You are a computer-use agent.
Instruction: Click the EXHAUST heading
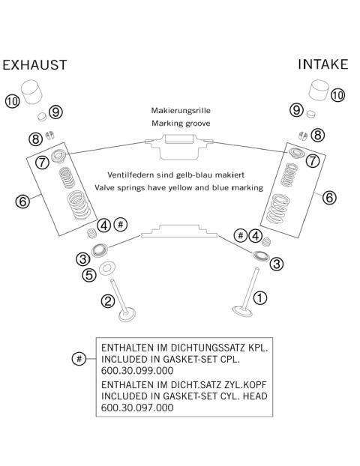point(34,65)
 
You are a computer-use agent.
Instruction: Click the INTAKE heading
point(323,64)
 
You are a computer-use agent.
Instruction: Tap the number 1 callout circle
point(260,297)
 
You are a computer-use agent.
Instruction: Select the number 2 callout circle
point(108,301)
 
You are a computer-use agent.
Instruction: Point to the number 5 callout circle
point(89,275)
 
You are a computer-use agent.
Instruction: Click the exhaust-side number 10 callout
point(12,101)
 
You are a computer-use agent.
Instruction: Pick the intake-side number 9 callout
point(297,110)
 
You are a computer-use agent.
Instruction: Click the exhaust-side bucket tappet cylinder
point(32,92)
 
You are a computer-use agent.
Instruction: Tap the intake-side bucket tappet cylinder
point(319,91)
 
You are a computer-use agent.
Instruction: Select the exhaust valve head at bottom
point(127,315)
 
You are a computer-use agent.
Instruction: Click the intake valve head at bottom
point(242,311)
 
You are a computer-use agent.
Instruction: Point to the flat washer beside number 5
point(106,268)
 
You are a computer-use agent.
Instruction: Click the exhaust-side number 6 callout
point(22,202)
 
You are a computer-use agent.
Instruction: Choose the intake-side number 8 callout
point(318,135)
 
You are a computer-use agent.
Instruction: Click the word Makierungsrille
point(181,111)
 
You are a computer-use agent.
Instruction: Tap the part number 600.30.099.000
point(137,371)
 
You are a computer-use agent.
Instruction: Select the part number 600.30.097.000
point(137,408)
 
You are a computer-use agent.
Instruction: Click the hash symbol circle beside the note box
point(79,359)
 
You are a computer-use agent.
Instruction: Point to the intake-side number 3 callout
point(277,264)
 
